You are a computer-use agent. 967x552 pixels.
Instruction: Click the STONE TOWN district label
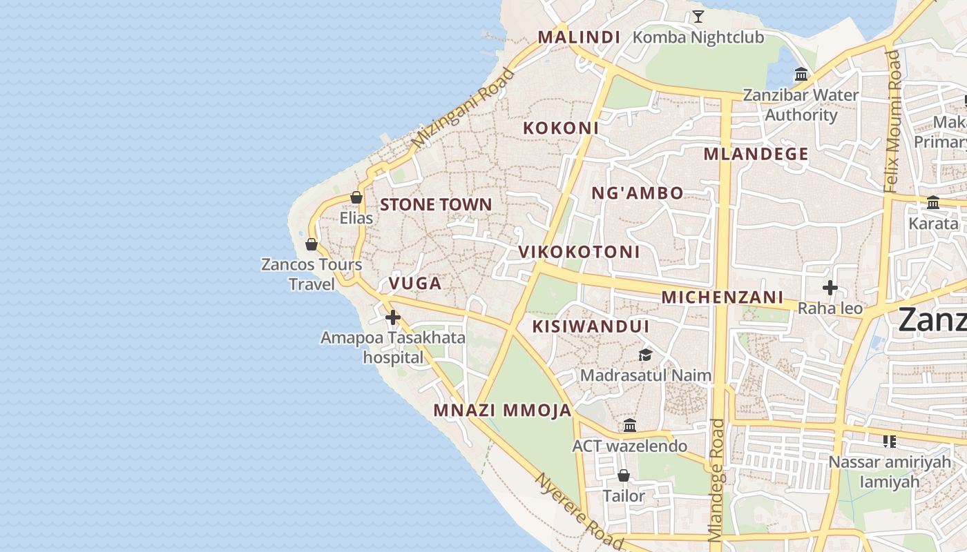coord(436,204)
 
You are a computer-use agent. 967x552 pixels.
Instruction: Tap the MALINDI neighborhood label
coord(579,37)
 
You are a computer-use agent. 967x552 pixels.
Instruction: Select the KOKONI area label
coord(561,128)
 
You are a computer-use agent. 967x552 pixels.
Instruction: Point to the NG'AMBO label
coord(638,193)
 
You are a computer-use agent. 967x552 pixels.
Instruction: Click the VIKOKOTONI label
coord(579,252)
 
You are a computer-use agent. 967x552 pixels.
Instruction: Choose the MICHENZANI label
coord(722,297)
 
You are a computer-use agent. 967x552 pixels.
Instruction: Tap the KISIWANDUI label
coord(591,326)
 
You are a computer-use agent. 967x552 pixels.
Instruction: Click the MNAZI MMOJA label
coord(502,411)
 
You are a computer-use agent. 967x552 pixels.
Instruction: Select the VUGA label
coord(414,283)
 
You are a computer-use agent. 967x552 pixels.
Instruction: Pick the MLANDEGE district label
coord(756,154)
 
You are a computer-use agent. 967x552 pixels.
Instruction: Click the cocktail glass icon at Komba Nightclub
coord(698,17)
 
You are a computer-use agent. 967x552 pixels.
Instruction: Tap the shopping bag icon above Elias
coord(356,197)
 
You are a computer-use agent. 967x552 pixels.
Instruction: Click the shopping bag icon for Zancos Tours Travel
coord(312,244)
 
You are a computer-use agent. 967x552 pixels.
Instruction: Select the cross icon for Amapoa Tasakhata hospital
coord(393,317)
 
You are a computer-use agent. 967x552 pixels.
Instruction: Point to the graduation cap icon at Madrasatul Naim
coord(645,355)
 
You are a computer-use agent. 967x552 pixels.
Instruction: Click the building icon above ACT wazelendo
coord(629,425)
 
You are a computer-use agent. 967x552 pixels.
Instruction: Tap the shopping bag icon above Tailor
coord(624,475)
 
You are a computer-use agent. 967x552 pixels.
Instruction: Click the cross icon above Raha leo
coord(830,288)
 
